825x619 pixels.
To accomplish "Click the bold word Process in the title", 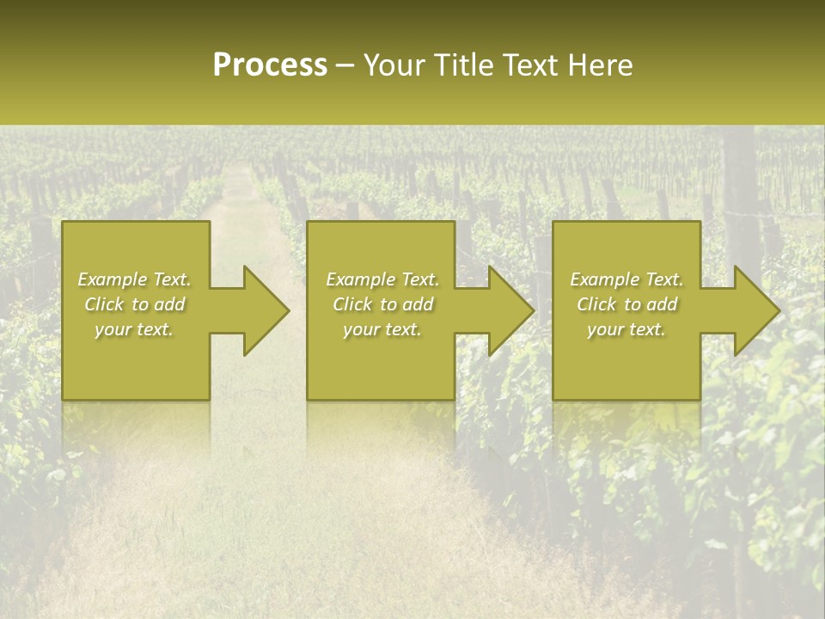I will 270,65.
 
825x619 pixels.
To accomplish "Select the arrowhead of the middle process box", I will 510,310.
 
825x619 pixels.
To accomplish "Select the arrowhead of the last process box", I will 755,310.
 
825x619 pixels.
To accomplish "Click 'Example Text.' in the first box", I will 135,279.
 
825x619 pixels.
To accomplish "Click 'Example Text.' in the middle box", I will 382,279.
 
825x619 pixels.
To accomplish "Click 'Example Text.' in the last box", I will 626,279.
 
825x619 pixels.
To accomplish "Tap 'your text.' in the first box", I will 134,329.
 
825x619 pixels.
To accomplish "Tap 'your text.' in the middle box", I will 382,329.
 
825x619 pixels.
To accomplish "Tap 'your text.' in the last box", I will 626,329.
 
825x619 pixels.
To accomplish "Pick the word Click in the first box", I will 105,304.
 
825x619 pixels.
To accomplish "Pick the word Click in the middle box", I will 353,304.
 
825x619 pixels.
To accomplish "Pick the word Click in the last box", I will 597,304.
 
